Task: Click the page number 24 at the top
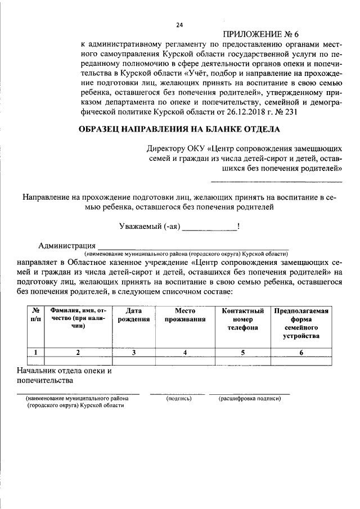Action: pyautogui.click(x=179, y=25)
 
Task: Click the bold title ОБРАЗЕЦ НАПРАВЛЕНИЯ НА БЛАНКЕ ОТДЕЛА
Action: pyautogui.click(x=179, y=130)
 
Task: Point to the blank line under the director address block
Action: pyautogui.click(x=276, y=181)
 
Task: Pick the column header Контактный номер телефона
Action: pyautogui.click(x=242, y=319)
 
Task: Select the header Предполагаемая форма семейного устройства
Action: pyautogui.click(x=301, y=323)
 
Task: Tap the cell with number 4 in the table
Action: pyautogui.click(x=184, y=353)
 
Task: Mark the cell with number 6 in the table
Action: pyautogui.click(x=301, y=353)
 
